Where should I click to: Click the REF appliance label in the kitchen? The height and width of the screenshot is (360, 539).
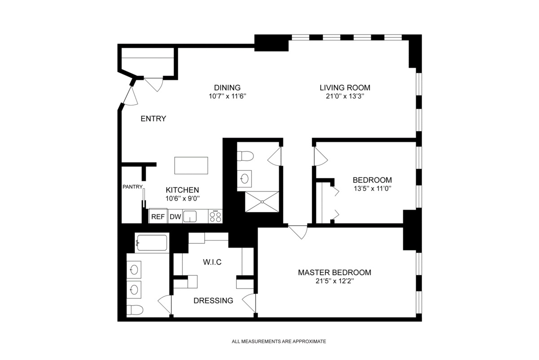[158, 217]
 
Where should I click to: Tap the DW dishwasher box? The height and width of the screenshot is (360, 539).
[175, 217]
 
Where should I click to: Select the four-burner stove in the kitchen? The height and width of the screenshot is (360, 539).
[216, 216]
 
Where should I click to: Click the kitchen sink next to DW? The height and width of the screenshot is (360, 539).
[190, 216]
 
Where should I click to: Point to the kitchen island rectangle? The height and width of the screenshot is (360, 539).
[191, 165]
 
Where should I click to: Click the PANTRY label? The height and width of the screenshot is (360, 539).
[133, 187]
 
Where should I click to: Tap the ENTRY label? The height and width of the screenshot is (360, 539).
[154, 119]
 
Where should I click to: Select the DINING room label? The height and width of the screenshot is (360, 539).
[227, 88]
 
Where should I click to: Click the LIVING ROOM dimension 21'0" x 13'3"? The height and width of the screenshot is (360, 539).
[345, 96]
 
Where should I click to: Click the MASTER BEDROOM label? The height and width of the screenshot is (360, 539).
[335, 272]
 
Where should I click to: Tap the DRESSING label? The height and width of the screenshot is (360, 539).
[213, 301]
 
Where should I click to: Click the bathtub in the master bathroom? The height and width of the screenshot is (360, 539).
[151, 243]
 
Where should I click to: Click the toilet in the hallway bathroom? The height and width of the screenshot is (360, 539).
[245, 156]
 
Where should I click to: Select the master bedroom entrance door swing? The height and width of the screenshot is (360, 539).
[298, 232]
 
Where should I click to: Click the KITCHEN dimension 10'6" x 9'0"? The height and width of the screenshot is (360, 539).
[182, 198]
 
